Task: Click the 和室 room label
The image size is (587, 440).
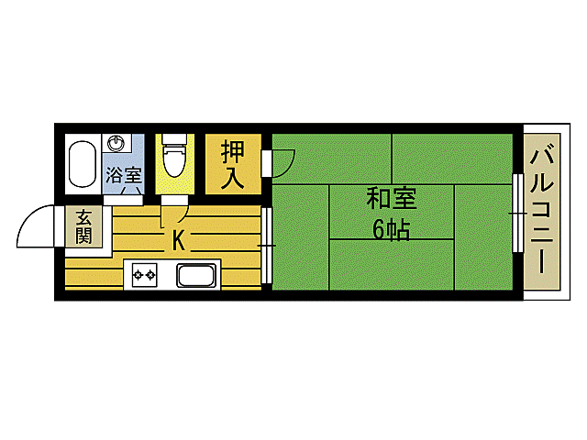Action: tap(391, 198)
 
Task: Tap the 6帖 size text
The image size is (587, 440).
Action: tap(391, 229)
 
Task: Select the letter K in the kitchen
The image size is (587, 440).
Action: tap(180, 242)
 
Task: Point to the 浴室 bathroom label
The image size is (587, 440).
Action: tap(123, 174)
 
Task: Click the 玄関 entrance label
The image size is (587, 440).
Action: tap(83, 226)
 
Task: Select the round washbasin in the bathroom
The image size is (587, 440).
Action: tap(116, 143)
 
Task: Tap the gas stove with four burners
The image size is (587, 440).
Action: tap(145, 274)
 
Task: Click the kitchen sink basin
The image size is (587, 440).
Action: tap(195, 275)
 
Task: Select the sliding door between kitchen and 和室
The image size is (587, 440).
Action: tap(266, 245)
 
